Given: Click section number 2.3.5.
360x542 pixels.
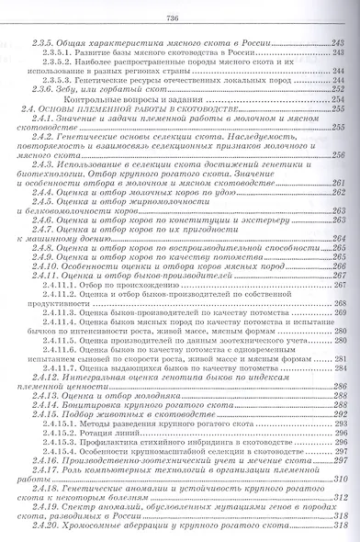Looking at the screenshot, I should pos(44,44).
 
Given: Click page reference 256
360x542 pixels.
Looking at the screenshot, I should pos(337,154).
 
